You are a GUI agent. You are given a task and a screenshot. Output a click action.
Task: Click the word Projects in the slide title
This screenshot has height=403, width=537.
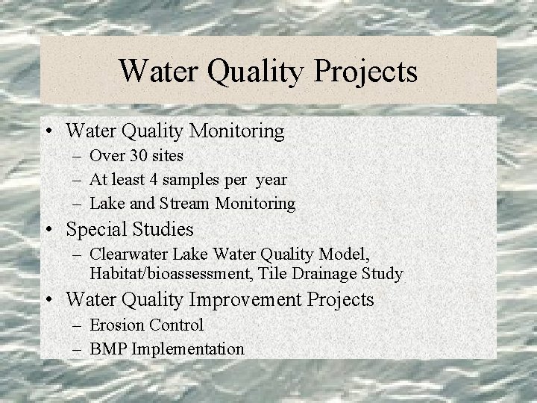(x=366, y=72)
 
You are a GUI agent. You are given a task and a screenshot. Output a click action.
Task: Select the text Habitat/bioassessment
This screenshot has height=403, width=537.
(x=171, y=274)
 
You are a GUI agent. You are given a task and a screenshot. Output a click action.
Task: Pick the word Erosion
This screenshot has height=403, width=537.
(x=117, y=325)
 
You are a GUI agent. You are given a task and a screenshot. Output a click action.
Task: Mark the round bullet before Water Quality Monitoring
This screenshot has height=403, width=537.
(x=48, y=132)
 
